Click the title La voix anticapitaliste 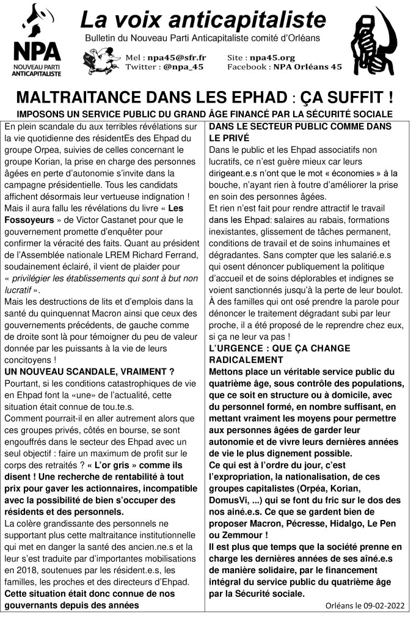[x=203, y=20]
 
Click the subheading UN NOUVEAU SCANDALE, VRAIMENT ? [x=89, y=371]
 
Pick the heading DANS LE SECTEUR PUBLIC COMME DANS [x=300, y=126]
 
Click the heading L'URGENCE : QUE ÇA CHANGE [x=280, y=348]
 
